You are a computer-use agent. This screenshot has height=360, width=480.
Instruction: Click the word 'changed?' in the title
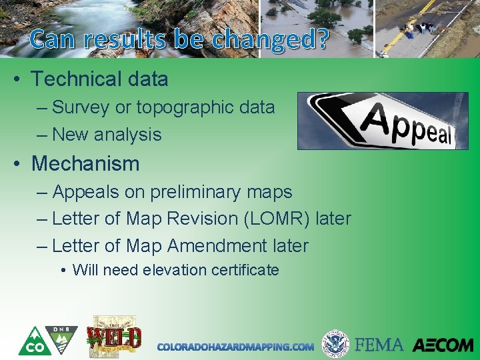coord(270,40)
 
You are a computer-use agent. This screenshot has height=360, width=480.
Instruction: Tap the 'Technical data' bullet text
coord(99,79)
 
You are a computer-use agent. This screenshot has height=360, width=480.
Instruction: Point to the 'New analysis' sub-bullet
coord(107,135)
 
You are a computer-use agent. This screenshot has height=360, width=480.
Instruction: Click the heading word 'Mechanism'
coord(85,163)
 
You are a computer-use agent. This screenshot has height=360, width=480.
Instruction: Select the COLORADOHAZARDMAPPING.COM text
coord(235,347)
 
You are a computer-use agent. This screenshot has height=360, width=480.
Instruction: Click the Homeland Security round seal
coord(335,344)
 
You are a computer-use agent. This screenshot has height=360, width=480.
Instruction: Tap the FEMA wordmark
coord(379,345)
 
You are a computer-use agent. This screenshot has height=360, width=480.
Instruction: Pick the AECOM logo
coord(442,345)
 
